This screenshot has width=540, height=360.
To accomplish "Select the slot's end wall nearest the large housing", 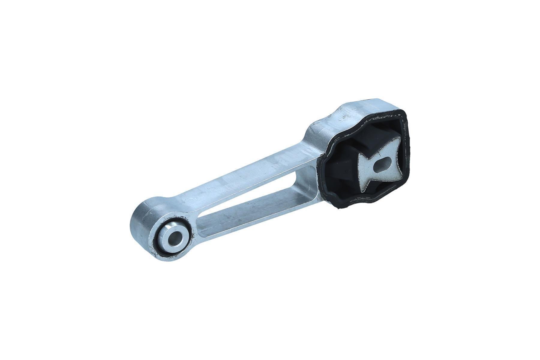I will pos(306,180).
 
